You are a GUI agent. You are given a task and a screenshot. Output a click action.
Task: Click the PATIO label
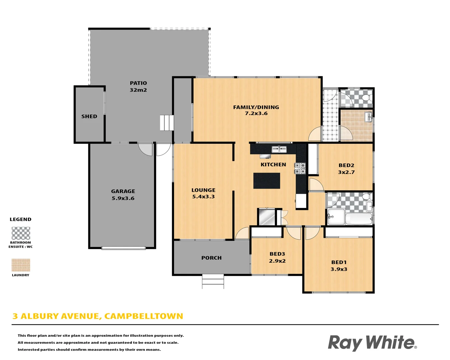pos(138,83)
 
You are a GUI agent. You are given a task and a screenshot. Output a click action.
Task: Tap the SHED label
pos(89,116)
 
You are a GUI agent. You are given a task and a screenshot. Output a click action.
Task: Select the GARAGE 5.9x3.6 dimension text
pos(123,198)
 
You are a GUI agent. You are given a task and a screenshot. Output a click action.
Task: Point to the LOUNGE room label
pos(203,190)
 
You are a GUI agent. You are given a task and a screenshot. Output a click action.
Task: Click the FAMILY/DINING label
pos(256,107)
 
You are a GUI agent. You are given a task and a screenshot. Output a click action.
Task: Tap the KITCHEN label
pos(273,165)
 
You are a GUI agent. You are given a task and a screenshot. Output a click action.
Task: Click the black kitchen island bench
pos(267,181)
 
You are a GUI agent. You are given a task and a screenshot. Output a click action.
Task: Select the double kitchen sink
pos(279,149)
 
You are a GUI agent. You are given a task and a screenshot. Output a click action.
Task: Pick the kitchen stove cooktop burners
pos(300,168)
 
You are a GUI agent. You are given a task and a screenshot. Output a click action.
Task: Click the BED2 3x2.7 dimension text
pos(346,172)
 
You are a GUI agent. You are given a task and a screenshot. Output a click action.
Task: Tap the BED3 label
pos(277,254)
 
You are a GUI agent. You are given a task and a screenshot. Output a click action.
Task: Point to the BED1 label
pos(339,262)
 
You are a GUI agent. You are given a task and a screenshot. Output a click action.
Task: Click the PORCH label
pos(211,258)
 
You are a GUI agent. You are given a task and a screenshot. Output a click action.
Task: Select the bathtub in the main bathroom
pos(359,219)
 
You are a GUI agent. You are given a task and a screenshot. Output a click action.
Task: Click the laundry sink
pos(368,117)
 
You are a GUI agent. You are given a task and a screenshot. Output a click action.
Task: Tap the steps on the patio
pos(167,123)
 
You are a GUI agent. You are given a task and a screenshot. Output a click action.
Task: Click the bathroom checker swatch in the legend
pos(21,233)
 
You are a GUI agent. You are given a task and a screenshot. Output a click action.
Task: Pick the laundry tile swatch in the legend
pos(21,265)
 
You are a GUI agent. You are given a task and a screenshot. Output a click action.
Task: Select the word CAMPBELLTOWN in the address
pos(144,316)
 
